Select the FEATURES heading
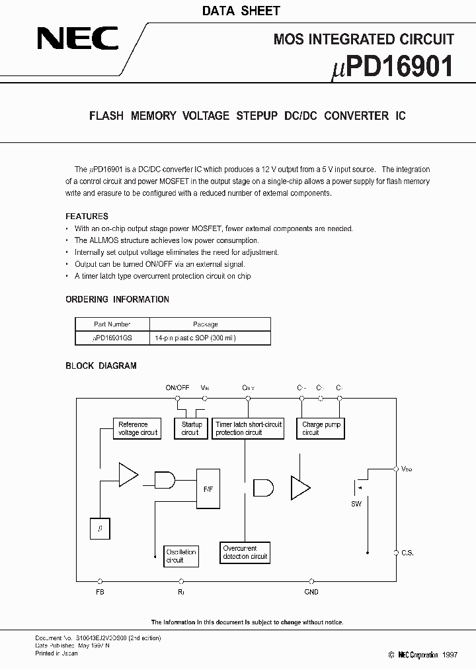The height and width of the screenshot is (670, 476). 87,216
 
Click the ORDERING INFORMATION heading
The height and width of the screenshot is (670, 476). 117,299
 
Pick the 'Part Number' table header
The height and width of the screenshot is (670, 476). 112,324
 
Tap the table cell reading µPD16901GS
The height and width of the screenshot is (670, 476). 112,338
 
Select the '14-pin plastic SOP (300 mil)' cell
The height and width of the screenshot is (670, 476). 195,338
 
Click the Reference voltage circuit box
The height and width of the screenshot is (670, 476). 138,428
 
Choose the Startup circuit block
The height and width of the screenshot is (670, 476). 191,428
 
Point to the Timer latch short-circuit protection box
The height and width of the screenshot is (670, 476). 249,428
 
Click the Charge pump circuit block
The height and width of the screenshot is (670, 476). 321,428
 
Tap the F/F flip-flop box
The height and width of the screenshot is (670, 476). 208,488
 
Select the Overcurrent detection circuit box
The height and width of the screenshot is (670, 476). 245,553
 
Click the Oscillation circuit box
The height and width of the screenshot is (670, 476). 180,556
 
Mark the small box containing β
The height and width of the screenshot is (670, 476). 100,528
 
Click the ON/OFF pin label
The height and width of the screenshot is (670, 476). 177,387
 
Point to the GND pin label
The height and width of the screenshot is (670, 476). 311,592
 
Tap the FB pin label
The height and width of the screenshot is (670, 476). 100,592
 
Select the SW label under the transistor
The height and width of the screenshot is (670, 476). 356,503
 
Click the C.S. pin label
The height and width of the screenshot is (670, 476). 407,552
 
